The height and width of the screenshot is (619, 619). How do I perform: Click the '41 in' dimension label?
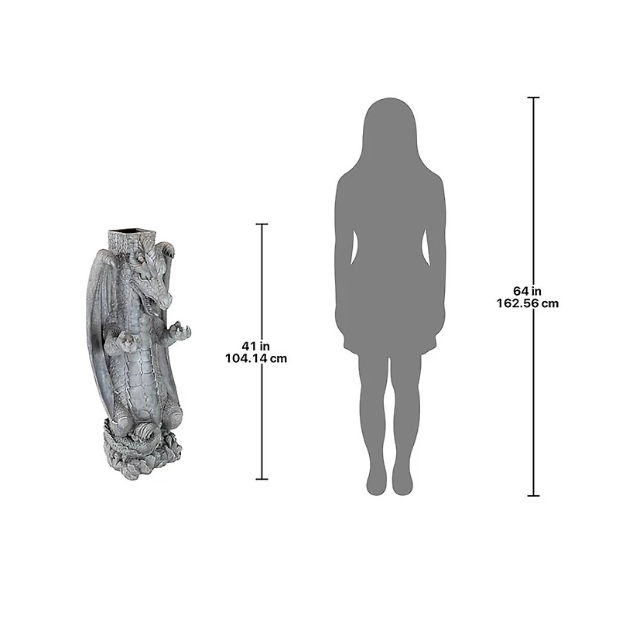coord(256,346)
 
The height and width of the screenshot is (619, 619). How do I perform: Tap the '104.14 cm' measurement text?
coord(256,358)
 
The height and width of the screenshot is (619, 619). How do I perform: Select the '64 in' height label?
coord(528,291)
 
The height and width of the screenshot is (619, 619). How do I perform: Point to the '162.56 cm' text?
coord(528,303)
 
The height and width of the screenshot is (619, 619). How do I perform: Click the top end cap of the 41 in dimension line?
coord(262,224)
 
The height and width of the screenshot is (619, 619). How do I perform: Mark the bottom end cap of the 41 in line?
coord(262,479)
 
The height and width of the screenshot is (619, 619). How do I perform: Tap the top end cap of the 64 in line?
coord(533,97)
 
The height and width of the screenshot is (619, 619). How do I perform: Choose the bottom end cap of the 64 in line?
coord(533,495)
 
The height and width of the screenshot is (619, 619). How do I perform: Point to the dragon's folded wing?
coord(98,312)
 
